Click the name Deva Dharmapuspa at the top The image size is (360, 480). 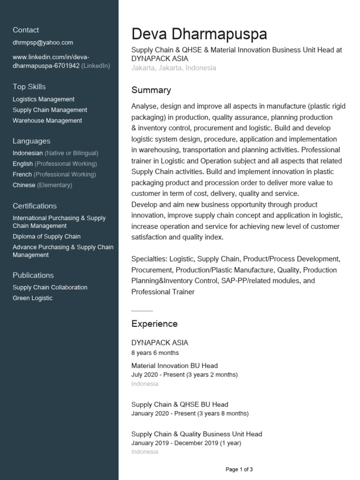[x=199, y=34]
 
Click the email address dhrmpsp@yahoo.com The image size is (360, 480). [x=43, y=42]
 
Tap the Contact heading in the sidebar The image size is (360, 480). [x=26, y=30]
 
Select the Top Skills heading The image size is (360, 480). [x=29, y=87]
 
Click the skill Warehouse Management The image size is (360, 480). [x=47, y=120]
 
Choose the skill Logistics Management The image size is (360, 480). [x=43, y=99]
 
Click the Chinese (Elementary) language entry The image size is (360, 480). [x=42, y=185]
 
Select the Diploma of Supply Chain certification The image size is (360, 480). [x=46, y=237]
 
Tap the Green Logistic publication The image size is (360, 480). [x=32, y=298]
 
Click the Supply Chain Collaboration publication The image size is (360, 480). [x=50, y=287]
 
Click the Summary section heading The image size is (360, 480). [x=151, y=90]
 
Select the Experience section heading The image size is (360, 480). [x=154, y=324]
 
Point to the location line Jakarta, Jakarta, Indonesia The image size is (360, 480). [x=173, y=68]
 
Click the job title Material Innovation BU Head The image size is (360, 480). [x=174, y=366]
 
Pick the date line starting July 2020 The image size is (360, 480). [x=184, y=375]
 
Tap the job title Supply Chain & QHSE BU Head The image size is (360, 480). [x=180, y=405]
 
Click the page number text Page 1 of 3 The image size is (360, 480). [x=239, y=469]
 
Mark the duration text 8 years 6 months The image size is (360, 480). [x=155, y=352]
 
